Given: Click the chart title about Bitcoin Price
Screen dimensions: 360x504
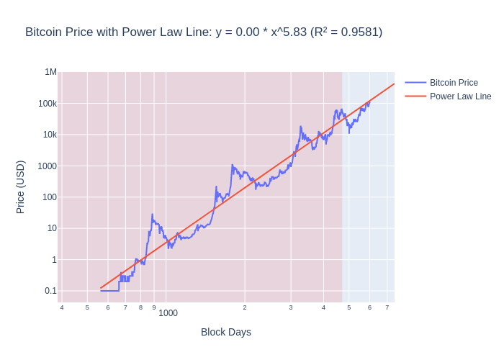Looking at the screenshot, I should [204, 32].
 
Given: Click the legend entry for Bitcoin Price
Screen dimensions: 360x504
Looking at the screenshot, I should [454, 83].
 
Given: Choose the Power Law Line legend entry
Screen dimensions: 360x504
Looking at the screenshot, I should [460, 96].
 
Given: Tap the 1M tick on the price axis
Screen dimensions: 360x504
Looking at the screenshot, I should [51, 72].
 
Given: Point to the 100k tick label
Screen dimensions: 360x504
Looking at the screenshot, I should [48, 104].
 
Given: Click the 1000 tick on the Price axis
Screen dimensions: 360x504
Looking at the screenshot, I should [48, 166].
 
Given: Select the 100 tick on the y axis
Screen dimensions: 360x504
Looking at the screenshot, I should [50, 197].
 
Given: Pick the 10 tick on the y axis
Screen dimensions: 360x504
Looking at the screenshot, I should [52, 228].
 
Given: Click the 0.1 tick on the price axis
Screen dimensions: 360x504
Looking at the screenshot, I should [50, 291].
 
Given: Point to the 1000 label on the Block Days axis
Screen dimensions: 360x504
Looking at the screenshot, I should [168, 313].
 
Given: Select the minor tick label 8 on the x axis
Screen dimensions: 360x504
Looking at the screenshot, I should [140, 307].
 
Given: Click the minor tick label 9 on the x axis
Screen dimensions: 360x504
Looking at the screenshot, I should [153, 307].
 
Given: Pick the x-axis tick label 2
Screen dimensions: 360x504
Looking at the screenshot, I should [245, 307].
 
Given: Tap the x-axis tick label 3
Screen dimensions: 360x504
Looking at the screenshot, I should [291, 307].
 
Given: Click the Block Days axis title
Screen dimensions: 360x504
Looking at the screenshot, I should [226, 332].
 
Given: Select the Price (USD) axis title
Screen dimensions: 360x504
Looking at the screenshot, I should [20, 186].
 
